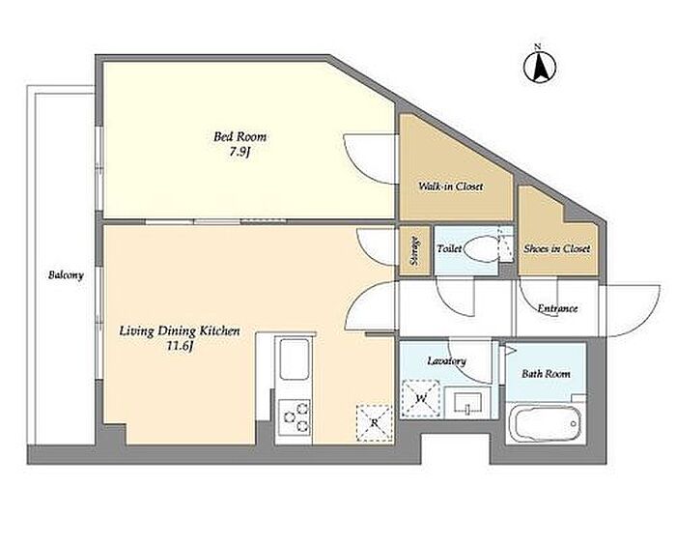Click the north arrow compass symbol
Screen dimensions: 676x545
(x=539, y=66)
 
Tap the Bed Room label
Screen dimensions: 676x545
(x=240, y=137)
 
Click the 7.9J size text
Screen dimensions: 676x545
(x=240, y=153)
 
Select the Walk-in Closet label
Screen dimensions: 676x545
(x=451, y=186)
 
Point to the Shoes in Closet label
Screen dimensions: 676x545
(x=556, y=248)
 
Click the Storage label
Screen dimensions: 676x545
(x=414, y=250)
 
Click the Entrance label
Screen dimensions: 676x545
(x=557, y=308)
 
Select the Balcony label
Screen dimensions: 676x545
(x=66, y=275)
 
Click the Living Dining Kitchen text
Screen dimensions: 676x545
(x=180, y=331)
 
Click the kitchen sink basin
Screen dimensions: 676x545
(x=295, y=359)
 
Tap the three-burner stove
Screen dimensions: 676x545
(x=295, y=416)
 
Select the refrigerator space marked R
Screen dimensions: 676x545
(x=375, y=423)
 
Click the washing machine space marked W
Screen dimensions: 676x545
(x=421, y=399)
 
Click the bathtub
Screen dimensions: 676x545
(x=545, y=424)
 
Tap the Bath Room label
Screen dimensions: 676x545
(x=546, y=374)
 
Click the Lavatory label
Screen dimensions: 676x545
(x=446, y=360)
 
